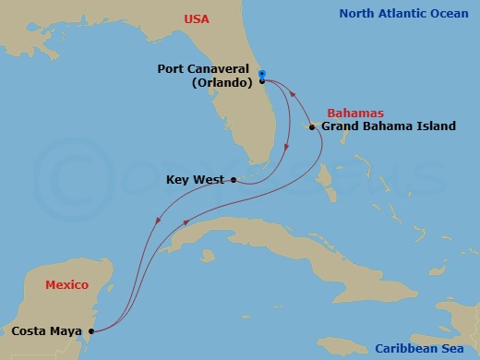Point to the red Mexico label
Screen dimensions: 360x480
[x=67, y=284]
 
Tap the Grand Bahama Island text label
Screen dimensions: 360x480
[x=388, y=126]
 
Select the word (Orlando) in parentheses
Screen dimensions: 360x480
[x=222, y=81]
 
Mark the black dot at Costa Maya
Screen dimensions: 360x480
[x=90, y=330]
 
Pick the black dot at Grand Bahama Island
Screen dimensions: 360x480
[x=312, y=126]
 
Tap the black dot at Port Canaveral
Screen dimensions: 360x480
[x=262, y=81]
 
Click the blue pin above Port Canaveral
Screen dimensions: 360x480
[x=262, y=74]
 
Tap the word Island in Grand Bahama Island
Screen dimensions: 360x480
[x=436, y=126]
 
